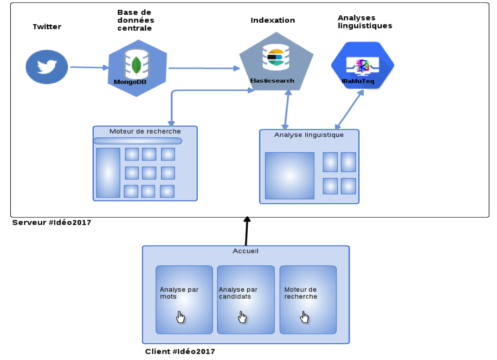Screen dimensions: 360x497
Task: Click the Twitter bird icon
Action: tap(46, 67)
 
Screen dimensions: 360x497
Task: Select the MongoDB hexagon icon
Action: tap(137, 68)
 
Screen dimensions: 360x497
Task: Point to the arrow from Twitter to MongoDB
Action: tap(88, 68)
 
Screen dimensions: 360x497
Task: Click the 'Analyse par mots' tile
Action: tap(184, 299)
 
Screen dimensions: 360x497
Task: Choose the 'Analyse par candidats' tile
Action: tap(245, 299)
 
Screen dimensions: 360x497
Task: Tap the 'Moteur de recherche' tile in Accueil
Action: tap(308, 299)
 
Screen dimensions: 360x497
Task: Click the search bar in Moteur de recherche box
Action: tap(138, 141)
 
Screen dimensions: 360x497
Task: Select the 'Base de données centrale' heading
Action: tap(136, 20)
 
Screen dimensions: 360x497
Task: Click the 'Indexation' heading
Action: tap(273, 20)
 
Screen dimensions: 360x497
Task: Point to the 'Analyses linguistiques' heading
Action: tap(365, 22)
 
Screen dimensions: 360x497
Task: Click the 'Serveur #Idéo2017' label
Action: tap(52, 223)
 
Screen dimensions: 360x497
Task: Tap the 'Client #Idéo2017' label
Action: tap(180, 352)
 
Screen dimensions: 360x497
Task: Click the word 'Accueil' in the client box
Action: tap(245, 251)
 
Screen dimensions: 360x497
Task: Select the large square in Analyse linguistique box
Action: tap(290, 176)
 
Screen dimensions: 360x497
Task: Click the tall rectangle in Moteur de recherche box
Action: tap(108, 173)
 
